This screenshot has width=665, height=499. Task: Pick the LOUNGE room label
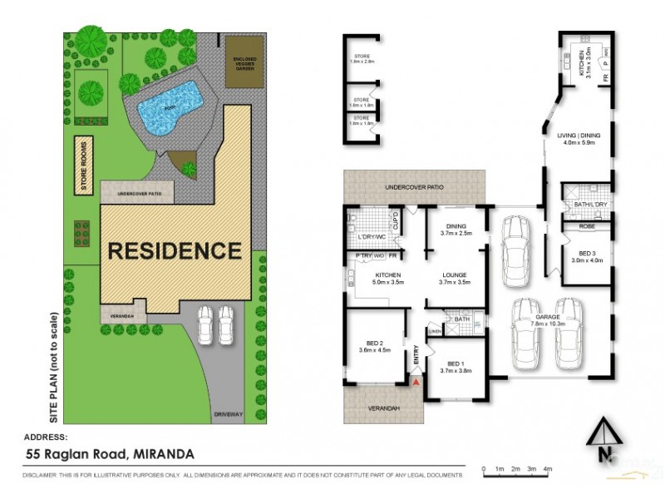coord(456,275)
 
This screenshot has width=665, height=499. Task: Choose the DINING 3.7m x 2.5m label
coord(456,230)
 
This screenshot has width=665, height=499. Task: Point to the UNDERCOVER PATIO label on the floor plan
coord(414,186)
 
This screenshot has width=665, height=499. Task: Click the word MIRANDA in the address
coord(163,454)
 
